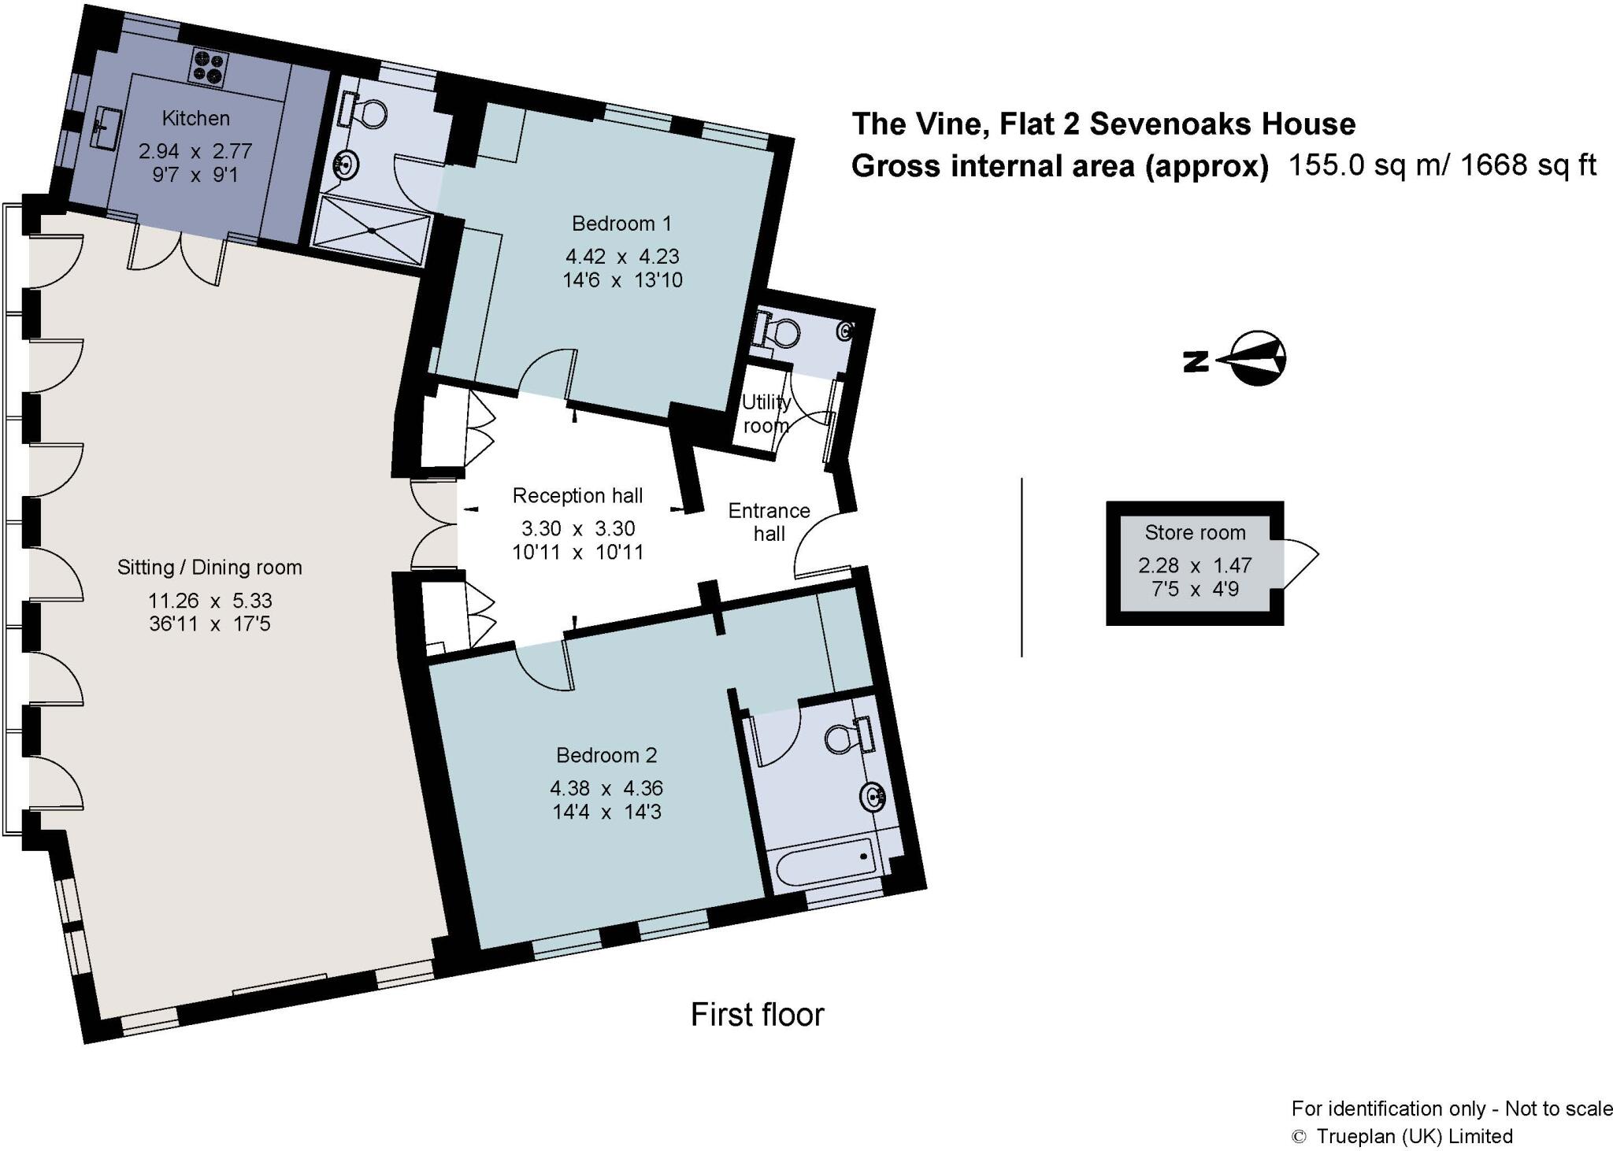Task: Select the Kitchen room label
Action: pyautogui.click(x=195, y=118)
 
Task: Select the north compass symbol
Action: pyautogui.click(x=1255, y=359)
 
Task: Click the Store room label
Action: pyautogui.click(x=1195, y=533)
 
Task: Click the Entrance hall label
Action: pyautogui.click(x=769, y=522)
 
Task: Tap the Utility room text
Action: pyautogui.click(x=766, y=413)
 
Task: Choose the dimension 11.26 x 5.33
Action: pyautogui.click(x=210, y=601)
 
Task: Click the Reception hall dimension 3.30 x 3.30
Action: pyautogui.click(x=577, y=528)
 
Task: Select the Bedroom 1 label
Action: pyautogui.click(x=621, y=224)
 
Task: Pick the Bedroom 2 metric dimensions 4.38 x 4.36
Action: pyautogui.click(x=606, y=788)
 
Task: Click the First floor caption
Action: pyautogui.click(x=757, y=1014)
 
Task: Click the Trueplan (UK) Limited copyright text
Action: pyautogui.click(x=1413, y=1136)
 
